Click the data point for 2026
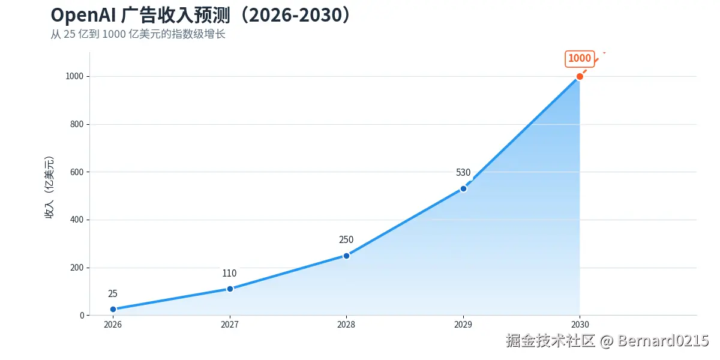point(113,309)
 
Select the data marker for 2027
point(230,289)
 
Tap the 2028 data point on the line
point(347,256)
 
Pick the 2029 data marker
point(463,188)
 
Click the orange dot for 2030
point(580,77)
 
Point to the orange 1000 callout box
point(580,59)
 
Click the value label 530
point(463,173)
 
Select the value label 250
point(346,240)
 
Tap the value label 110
point(229,273)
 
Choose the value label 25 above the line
point(113,293)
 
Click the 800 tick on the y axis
point(77,124)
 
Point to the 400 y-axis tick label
point(77,220)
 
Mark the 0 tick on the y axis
point(82,316)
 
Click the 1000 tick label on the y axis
point(74,76)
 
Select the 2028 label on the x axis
point(346,325)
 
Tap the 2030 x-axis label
point(580,325)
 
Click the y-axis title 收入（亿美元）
point(49,187)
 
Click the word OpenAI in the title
point(83,16)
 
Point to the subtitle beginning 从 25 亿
point(138,34)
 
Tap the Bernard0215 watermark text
point(663,341)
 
